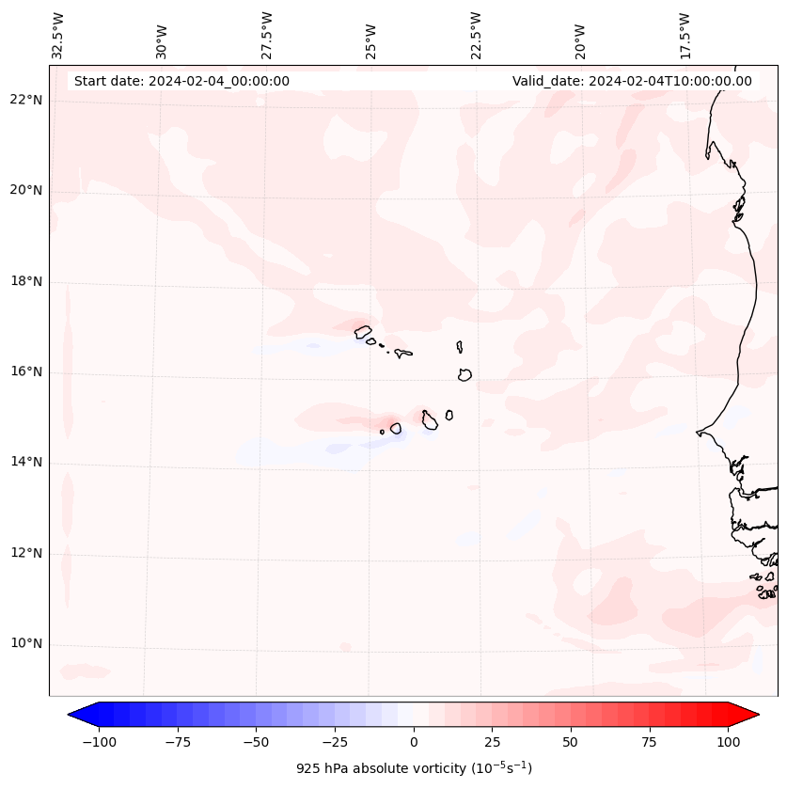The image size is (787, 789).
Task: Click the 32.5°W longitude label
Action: (x=59, y=36)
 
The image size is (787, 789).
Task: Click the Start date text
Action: (x=181, y=81)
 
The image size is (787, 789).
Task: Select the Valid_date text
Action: (x=632, y=81)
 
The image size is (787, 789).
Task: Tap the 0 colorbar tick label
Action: (x=414, y=742)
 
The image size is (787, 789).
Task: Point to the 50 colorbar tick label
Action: (x=571, y=742)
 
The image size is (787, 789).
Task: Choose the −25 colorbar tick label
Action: (x=335, y=742)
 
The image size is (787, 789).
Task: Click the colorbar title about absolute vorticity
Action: (x=414, y=768)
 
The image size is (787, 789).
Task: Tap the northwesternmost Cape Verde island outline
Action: (x=363, y=331)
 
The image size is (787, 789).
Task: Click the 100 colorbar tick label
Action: (x=728, y=742)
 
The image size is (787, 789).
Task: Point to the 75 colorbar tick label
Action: (x=649, y=742)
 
